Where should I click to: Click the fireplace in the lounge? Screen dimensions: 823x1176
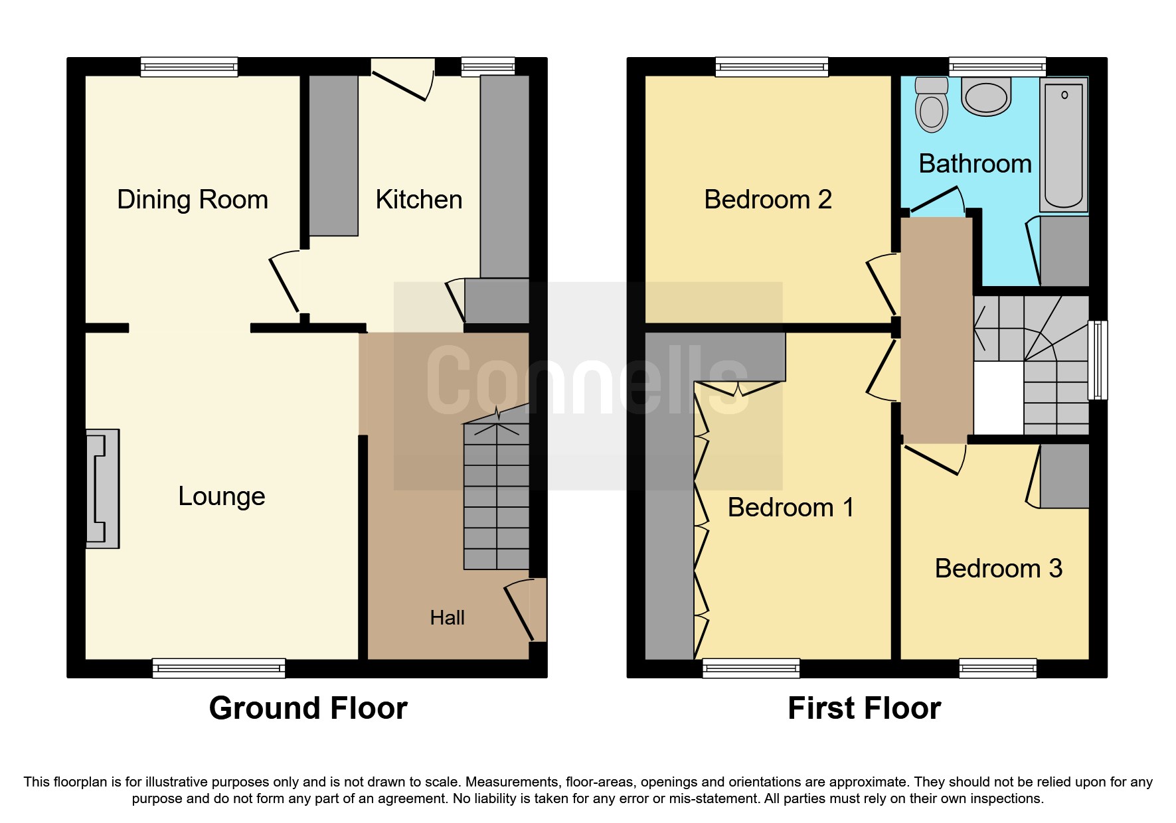(x=103, y=488)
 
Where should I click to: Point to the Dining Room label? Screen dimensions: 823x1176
(x=193, y=200)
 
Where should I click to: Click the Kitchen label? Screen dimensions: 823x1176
(x=418, y=200)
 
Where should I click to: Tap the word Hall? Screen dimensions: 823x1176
(x=447, y=618)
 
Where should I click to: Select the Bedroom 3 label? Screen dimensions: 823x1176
(x=998, y=569)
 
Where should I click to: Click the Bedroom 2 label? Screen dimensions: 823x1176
(x=768, y=200)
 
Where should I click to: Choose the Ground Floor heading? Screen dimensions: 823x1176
(x=308, y=708)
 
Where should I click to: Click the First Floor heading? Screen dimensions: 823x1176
(x=864, y=708)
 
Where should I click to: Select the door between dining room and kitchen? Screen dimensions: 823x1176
(x=286, y=282)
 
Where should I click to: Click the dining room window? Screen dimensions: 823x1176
(x=189, y=67)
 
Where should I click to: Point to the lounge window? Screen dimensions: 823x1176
(x=218, y=668)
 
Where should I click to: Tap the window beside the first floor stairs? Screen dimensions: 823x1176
(x=1098, y=360)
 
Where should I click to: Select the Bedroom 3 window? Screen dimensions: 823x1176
(x=997, y=668)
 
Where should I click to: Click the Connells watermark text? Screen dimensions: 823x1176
(x=588, y=381)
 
